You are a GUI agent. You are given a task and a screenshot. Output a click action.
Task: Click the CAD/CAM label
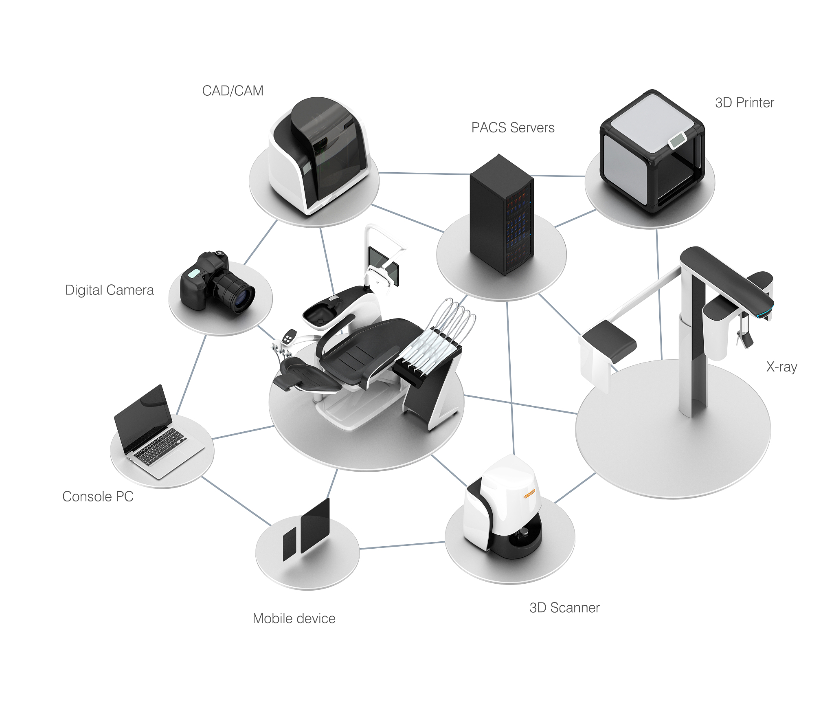[x=233, y=90]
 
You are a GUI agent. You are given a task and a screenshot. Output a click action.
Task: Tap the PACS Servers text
[x=513, y=127]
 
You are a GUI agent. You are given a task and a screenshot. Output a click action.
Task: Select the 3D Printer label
[x=744, y=103]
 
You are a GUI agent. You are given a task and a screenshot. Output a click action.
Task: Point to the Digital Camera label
[x=109, y=290]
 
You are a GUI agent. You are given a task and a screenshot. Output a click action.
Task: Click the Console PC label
[x=98, y=497]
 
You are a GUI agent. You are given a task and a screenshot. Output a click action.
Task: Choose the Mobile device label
[x=294, y=618]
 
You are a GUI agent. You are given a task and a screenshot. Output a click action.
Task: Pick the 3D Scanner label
[x=564, y=608]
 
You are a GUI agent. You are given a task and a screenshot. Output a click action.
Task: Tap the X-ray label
[x=781, y=367]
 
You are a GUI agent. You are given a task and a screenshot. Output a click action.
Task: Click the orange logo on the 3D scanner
[x=529, y=494]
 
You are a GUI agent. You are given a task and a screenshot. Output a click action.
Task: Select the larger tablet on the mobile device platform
[x=315, y=525]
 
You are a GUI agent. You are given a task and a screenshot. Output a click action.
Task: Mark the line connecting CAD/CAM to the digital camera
[x=261, y=242]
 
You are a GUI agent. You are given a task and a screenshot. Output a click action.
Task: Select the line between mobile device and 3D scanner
[x=402, y=545]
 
